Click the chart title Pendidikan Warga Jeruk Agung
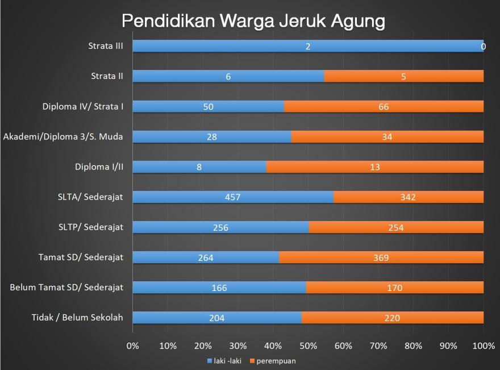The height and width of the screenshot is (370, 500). pyautogui.click(x=253, y=21)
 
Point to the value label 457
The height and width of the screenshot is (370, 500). pyautogui.click(x=233, y=197)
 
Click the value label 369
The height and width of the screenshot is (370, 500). pyautogui.click(x=381, y=257)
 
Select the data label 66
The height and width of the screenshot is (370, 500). pyautogui.click(x=384, y=106)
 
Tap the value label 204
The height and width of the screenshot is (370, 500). pyautogui.click(x=216, y=318)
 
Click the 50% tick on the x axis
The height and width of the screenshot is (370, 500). pyautogui.click(x=308, y=346)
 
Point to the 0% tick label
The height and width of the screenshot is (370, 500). pyautogui.click(x=132, y=346)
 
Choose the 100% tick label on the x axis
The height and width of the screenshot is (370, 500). pyautogui.click(x=484, y=346)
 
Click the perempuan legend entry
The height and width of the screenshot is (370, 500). pyautogui.click(x=276, y=360)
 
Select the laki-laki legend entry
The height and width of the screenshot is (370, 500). pyautogui.click(x=227, y=360)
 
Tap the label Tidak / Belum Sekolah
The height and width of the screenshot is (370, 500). pyautogui.click(x=77, y=317)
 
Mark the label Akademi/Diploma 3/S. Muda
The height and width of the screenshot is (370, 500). pyautogui.click(x=63, y=136)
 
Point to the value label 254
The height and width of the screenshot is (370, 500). pyautogui.click(x=395, y=227)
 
